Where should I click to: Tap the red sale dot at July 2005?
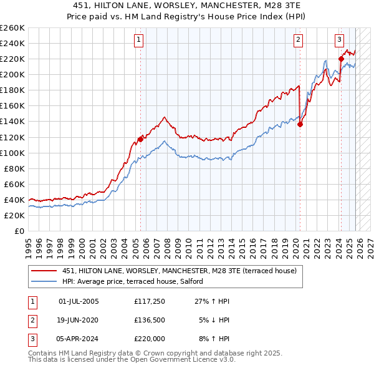140,139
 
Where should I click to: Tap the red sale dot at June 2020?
300,124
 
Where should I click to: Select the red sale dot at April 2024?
341,59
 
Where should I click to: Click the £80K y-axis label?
14,168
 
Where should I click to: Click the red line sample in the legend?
44,271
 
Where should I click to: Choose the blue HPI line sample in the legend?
44,281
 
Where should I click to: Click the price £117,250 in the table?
150,301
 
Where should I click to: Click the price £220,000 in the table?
150,339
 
